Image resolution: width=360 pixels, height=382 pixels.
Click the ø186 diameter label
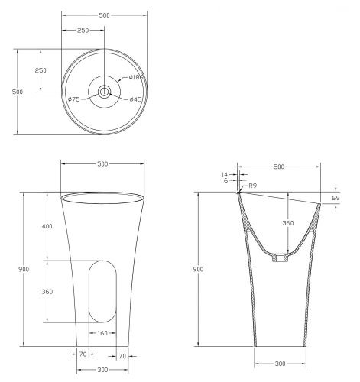coord(136,77)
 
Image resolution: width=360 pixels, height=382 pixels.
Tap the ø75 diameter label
coord(74,99)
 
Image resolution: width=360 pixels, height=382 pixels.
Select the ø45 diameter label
coord(135,99)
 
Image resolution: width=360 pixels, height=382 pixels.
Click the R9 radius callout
coord(252,186)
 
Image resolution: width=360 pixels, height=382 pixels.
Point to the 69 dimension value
coord(336,198)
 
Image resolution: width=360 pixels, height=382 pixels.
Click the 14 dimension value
coord(224,175)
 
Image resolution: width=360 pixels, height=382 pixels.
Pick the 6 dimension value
coord(225,180)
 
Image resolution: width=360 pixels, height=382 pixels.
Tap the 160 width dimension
coord(102,333)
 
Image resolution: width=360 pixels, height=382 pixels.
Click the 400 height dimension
coord(47,226)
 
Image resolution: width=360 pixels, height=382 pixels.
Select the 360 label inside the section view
coord(288,223)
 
